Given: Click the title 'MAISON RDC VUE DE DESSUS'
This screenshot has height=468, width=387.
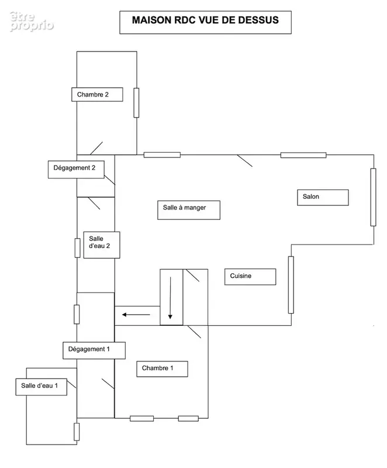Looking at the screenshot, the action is [x=205, y=20].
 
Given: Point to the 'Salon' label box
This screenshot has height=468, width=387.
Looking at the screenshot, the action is [x=323, y=197].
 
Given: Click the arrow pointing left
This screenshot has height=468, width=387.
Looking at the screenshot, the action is [x=136, y=315].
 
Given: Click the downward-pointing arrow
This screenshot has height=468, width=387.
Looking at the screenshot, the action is [x=170, y=298].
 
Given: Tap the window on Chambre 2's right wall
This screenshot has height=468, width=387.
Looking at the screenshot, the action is [x=136, y=103].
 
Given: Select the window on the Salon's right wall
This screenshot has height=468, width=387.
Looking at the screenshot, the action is [x=374, y=197].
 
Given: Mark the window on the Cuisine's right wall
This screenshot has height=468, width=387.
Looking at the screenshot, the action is [x=291, y=285].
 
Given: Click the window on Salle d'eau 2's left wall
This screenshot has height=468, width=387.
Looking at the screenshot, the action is [x=78, y=247].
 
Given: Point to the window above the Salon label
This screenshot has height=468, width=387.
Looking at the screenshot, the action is [x=303, y=155].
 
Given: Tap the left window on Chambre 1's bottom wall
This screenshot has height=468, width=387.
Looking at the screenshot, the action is [x=141, y=418].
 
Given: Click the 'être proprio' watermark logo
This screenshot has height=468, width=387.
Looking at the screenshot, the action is [x=32, y=22].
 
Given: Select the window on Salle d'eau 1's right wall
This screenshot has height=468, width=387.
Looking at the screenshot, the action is [x=77, y=432].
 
